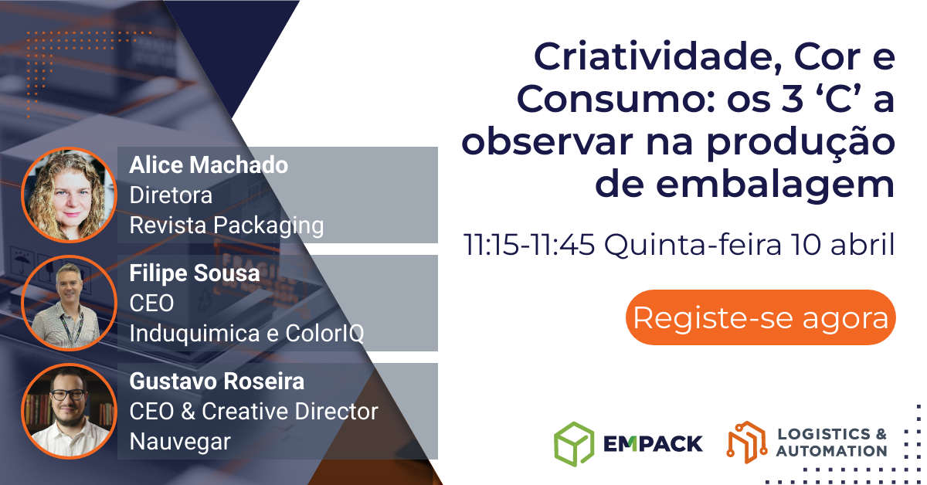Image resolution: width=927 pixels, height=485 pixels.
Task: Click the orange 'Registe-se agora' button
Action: click(x=761, y=317)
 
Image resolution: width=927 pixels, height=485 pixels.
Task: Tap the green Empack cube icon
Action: click(x=574, y=444)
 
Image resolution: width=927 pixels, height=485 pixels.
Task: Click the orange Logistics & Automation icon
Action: click(x=747, y=443)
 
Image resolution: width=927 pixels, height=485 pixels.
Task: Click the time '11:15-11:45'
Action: click(x=529, y=244)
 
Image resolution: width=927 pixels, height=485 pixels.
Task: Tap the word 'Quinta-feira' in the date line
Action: click(x=693, y=244)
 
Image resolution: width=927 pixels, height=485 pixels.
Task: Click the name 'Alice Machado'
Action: click(x=209, y=164)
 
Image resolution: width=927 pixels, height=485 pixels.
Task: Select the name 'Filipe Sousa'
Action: click(x=195, y=273)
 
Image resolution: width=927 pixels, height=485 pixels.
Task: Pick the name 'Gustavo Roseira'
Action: click(x=217, y=382)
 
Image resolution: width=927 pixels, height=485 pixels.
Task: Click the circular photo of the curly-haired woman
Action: click(x=69, y=195)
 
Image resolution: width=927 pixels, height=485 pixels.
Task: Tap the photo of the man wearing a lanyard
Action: click(x=69, y=303)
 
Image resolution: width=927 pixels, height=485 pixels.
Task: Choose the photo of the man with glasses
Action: click(x=69, y=412)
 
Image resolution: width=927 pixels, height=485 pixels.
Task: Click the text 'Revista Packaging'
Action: click(x=226, y=226)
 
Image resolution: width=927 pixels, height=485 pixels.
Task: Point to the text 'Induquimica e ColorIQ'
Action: click(x=246, y=333)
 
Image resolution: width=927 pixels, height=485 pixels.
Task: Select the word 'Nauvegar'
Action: click(x=180, y=443)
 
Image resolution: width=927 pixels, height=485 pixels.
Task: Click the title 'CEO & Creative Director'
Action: click(x=253, y=412)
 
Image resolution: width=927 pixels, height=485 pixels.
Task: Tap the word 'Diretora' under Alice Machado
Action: click(x=171, y=195)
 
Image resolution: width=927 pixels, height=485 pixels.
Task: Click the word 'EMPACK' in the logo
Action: click(x=653, y=443)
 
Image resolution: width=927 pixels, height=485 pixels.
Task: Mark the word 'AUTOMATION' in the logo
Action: click(x=831, y=451)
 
